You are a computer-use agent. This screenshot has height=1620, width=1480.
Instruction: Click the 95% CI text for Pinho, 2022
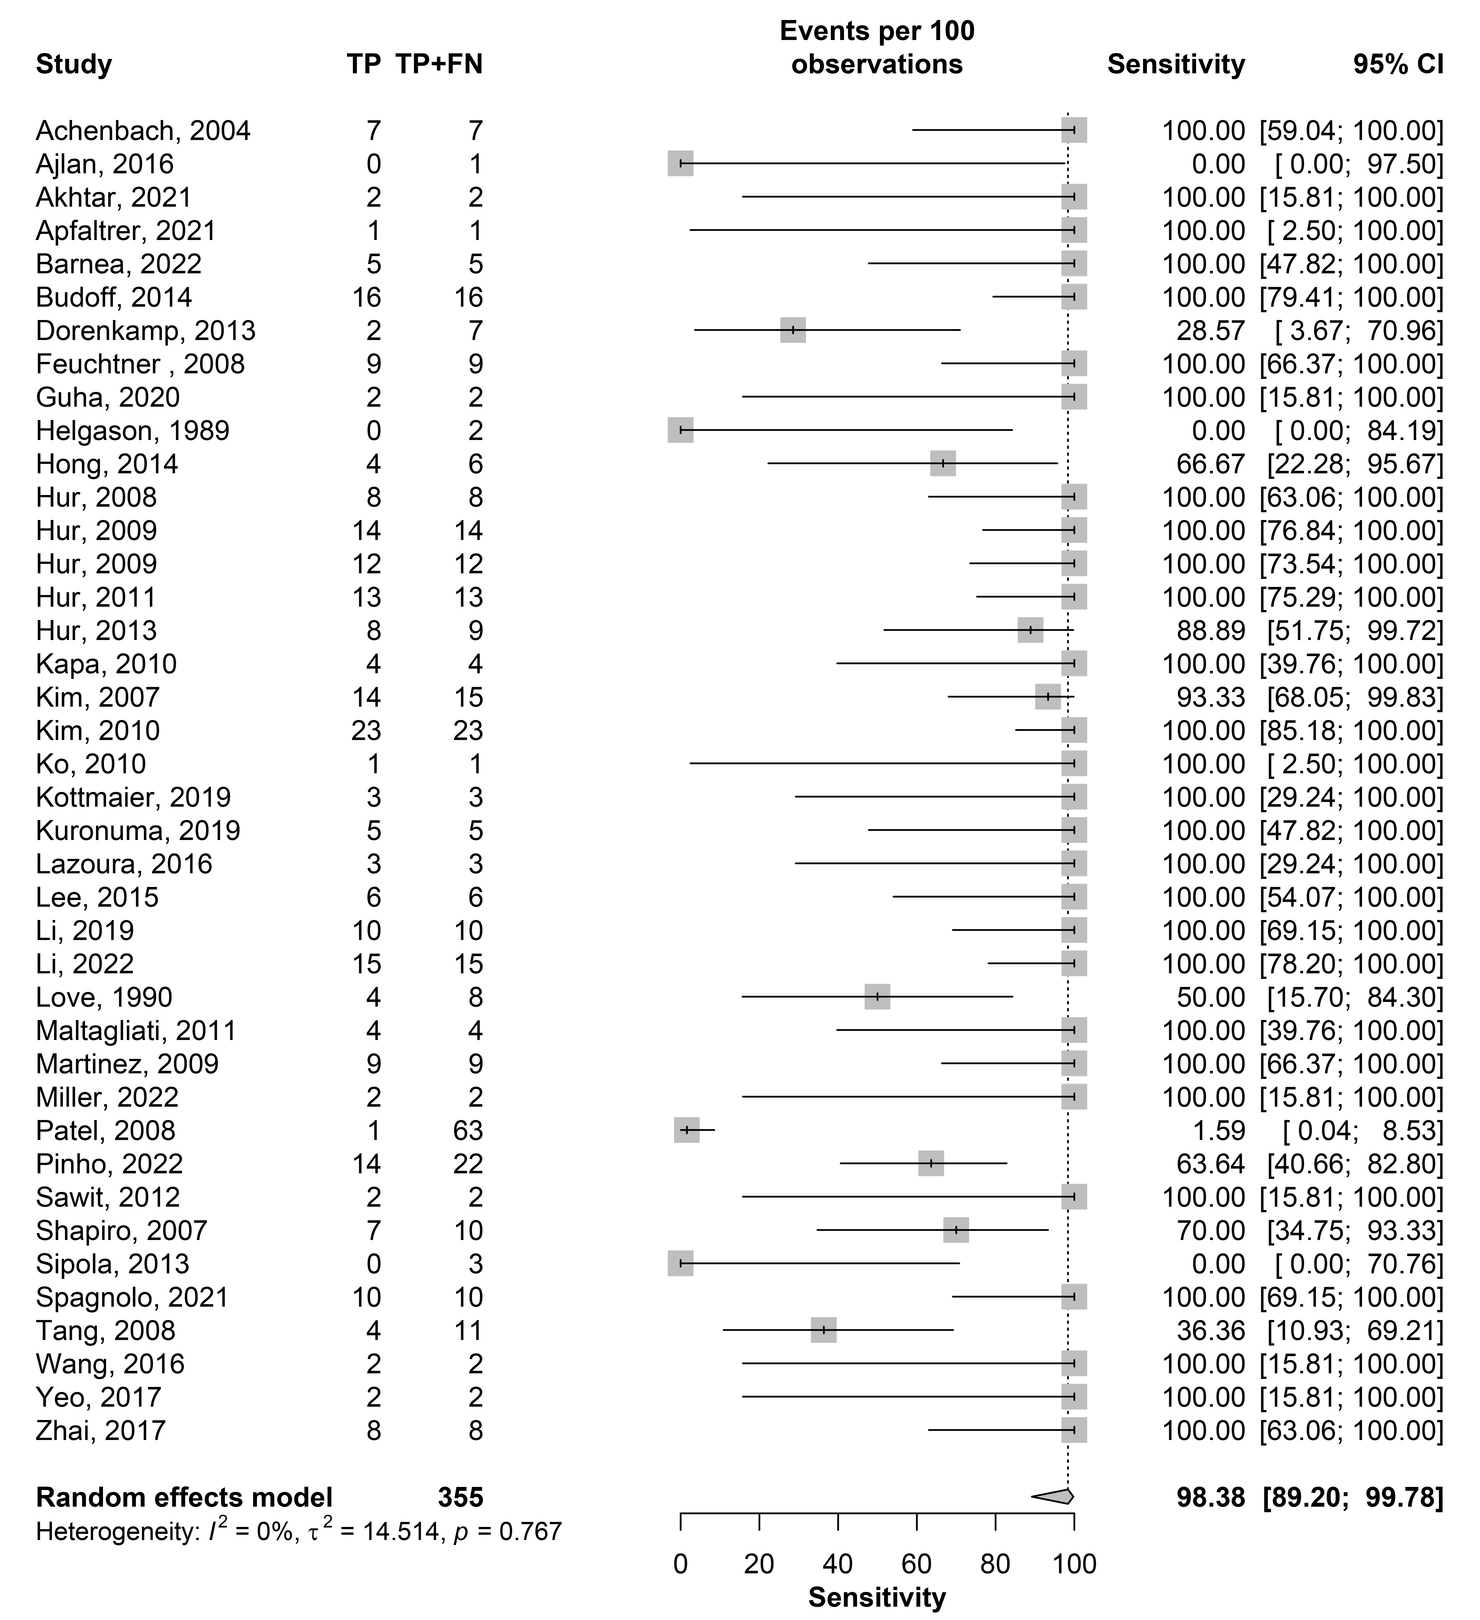pyautogui.click(x=1355, y=1164)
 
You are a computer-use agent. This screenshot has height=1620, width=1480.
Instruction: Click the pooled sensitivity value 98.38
pyautogui.click(x=1210, y=1497)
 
